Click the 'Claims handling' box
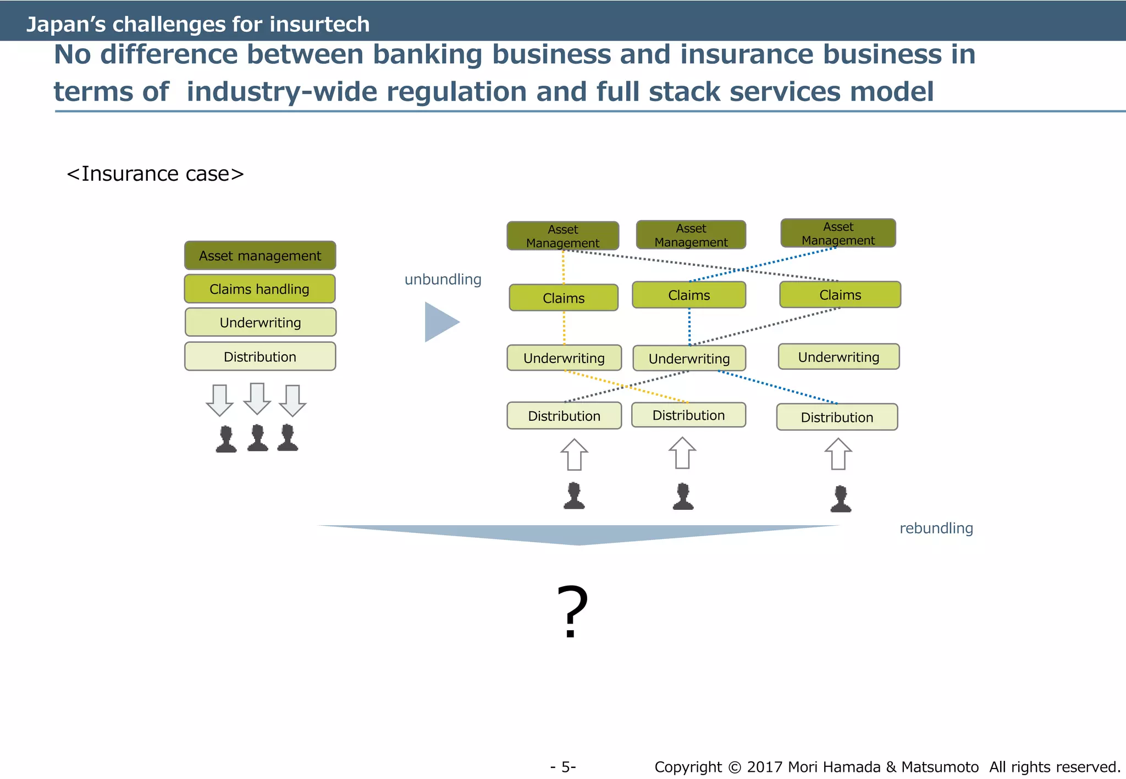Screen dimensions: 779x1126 point(260,289)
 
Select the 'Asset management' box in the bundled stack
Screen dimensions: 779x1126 point(260,255)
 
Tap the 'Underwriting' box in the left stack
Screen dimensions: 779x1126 point(260,322)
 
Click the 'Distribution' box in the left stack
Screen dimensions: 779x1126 point(260,357)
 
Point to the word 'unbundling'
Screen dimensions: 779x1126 point(443,280)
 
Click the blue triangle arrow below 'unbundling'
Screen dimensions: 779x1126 point(440,322)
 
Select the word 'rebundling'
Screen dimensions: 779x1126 point(936,528)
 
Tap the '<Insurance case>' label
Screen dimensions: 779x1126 point(155,174)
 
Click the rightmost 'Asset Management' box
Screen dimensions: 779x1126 point(838,233)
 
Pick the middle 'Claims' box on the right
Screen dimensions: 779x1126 point(689,295)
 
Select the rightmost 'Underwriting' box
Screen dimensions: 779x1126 point(838,357)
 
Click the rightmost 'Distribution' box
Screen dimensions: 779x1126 point(837,417)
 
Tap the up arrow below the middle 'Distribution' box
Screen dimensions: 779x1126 point(682,453)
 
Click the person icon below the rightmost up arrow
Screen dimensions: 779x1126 point(841,499)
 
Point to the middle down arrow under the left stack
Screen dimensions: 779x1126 point(257,399)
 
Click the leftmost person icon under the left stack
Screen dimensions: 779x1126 point(226,439)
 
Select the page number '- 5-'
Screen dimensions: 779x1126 point(563,767)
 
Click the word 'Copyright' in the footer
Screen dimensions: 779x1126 point(688,767)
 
